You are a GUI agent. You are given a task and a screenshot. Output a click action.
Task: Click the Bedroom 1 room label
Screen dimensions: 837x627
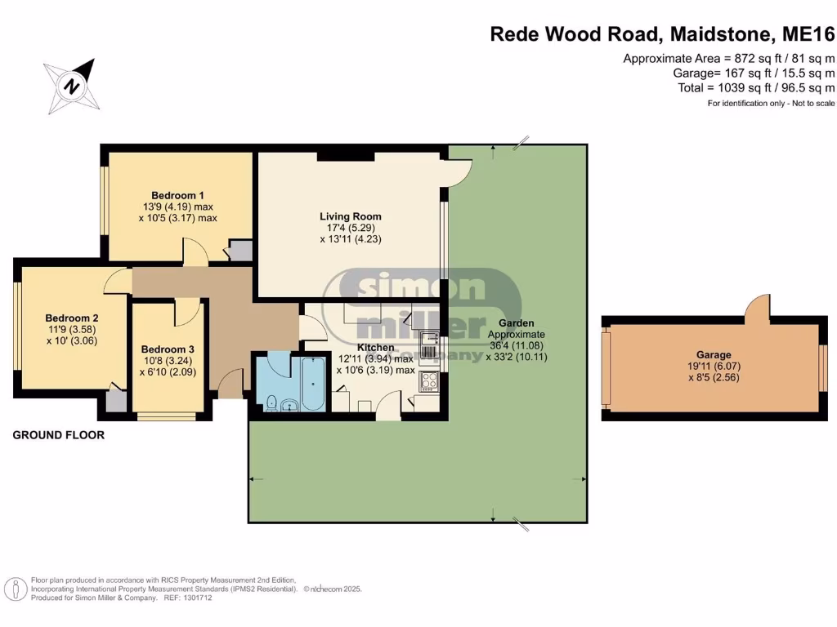(177, 195)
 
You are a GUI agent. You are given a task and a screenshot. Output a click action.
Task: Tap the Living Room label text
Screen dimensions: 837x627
(350, 216)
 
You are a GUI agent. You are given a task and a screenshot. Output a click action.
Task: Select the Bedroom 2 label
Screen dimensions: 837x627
(72, 318)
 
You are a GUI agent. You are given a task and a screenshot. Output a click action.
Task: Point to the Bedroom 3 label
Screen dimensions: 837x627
(168, 349)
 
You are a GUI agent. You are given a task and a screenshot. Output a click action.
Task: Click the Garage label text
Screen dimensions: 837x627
(714, 354)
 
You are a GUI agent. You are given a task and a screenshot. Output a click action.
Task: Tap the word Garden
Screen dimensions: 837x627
(517, 322)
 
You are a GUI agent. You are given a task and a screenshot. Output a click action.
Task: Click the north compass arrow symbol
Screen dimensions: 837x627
(72, 86)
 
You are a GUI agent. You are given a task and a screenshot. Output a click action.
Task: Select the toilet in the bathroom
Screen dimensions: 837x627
(271, 402)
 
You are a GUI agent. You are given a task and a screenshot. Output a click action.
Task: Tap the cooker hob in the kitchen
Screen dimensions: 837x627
(429, 380)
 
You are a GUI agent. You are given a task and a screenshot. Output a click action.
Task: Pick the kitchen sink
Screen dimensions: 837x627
(428, 344)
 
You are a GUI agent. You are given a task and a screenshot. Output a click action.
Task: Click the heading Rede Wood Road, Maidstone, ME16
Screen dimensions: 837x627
(662, 33)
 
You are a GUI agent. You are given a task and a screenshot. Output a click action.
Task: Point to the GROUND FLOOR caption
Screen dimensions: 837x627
(59, 435)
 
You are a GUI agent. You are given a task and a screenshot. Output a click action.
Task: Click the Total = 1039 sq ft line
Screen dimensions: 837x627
(756, 88)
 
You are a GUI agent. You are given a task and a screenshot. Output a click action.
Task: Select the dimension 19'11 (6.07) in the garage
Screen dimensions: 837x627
(714, 367)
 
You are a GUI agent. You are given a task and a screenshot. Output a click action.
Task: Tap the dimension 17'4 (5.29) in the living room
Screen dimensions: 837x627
(351, 228)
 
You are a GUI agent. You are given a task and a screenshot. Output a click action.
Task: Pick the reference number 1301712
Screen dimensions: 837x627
(197, 598)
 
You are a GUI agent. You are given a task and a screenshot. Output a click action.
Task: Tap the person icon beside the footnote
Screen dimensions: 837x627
(16, 589)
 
